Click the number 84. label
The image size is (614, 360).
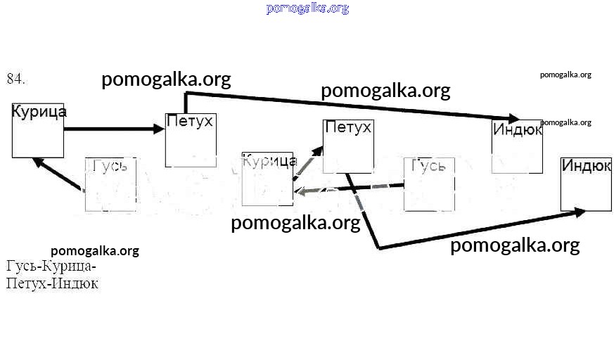(x=16, y=79)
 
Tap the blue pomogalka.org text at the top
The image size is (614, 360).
(x=307, y=8)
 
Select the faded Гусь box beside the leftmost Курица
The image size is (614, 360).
(x=110, y=184)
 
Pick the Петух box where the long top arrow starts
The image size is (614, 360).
(x=189, y=139)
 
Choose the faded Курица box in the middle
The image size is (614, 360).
(x=267, y=179)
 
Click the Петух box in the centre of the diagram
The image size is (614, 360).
(x=347, y=146)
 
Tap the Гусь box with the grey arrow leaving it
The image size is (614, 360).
(x=429, y=184)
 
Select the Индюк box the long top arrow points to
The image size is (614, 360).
(x=517, y=146)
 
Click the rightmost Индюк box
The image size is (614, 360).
(x=586, y=184)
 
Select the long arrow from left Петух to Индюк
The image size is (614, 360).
(x=352, y=105)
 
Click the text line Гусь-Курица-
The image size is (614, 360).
(x=51, y=267)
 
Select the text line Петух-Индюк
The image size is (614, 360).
(x=52, y=284)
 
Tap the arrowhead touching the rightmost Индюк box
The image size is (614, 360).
(x=578, y=211)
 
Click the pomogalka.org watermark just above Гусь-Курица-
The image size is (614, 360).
(x=95, y=251)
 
